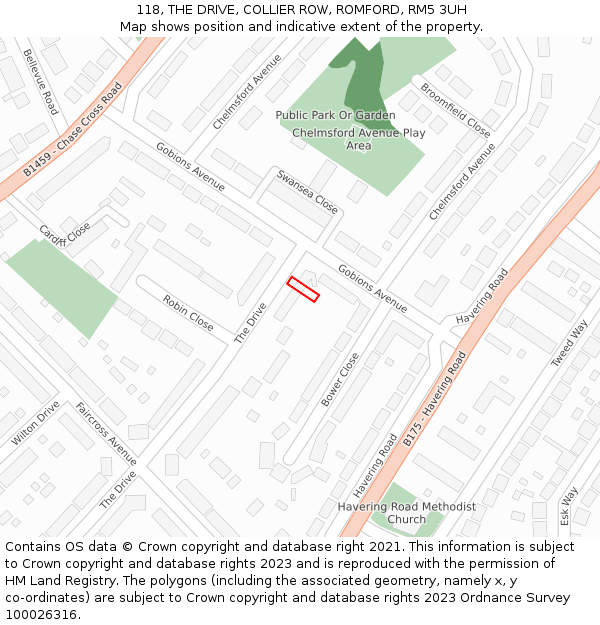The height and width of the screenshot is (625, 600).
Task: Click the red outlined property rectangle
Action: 303,289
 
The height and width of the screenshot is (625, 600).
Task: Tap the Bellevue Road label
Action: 41,82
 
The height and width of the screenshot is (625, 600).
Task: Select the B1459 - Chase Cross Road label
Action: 72,131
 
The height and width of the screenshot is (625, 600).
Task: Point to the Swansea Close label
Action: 307,191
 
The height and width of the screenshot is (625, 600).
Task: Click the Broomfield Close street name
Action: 455,109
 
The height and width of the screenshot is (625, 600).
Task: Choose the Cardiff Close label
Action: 65,235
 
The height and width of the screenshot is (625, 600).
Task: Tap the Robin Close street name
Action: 187,313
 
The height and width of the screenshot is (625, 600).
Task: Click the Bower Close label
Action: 340,379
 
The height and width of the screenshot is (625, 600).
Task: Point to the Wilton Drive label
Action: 36,423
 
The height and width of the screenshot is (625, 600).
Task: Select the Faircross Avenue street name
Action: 105,434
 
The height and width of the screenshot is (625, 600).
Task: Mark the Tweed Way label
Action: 570,343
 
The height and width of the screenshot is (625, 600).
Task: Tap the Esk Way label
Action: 568,506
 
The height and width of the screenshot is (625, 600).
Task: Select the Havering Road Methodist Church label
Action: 406,513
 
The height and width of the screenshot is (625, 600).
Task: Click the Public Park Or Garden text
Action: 335,115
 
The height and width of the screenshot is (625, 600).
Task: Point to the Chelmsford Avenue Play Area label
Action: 358,139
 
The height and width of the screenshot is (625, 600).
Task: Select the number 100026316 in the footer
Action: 41,615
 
